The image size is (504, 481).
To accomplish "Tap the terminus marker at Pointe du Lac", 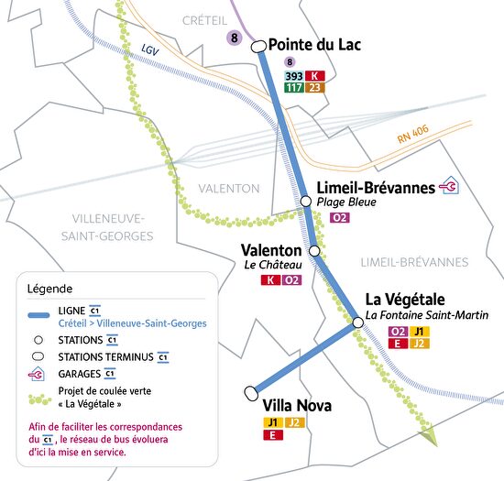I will pos(258,45).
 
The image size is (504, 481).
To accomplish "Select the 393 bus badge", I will pos(293,76).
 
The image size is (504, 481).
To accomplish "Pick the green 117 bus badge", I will pos(293,88).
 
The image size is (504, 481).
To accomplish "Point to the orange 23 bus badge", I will pos(314,88).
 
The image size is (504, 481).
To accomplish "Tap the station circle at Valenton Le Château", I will pos(314,250).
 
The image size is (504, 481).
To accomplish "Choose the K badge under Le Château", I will pos(270,280).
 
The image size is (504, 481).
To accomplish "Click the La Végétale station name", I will pos(405,300).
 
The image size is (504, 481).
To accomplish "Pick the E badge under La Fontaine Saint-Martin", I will pos(398,344).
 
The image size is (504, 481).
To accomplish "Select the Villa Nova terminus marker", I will pos(252,393).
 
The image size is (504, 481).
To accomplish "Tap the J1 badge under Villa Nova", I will pos(272,422).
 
